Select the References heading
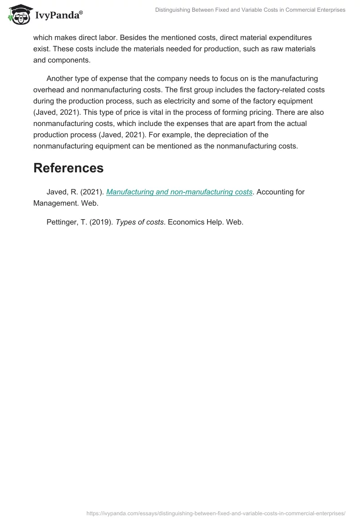[68, 168]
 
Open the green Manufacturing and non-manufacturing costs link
[179, 192]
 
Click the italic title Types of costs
[139, 222]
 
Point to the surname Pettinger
[62, 222]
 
